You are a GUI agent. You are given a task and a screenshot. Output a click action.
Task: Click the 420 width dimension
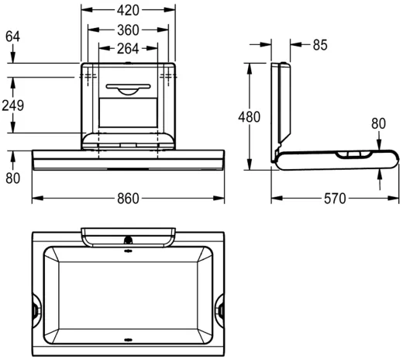pyautogui.click(x=128, y=10)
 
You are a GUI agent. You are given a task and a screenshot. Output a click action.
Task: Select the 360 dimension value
pyautogui.click(x=128, y=30)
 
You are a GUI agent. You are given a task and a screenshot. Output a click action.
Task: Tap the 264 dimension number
pyautogui.click(x=128, y=49)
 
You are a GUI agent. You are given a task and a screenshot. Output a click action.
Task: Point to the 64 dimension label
pyautogui.click(x=12, y=36)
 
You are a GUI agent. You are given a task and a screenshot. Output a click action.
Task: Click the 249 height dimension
pyautogui.click(x=13, y=106)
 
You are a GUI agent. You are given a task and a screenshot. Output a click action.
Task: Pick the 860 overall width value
pyautogui.click(x=128, y=199)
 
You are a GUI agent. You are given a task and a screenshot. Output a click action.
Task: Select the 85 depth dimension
pyautogui.click(x=320, y=45)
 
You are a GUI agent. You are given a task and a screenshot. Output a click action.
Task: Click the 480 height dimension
pyautogui.click(x=250, y=116)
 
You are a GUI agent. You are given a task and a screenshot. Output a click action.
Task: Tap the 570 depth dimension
pyautogui.click(x=335, y=199)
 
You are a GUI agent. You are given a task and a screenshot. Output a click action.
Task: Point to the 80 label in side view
pyautogui.click(x=378, y=123)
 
